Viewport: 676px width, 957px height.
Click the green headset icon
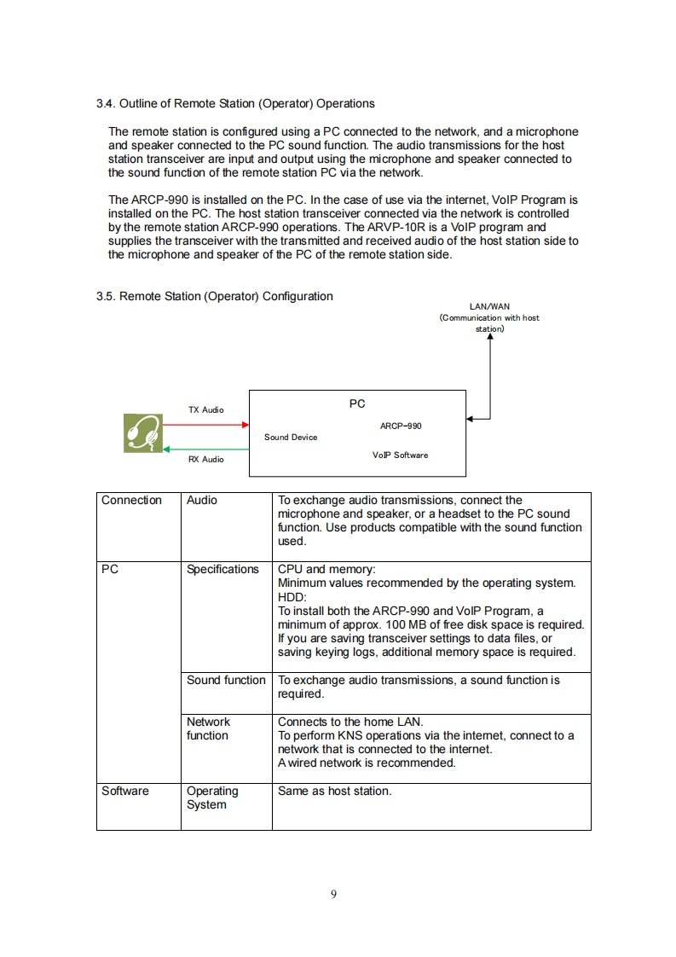click(x=142, y=433)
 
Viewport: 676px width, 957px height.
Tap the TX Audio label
click(x=206, y=410)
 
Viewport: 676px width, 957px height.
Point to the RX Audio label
click(x=206, y=460)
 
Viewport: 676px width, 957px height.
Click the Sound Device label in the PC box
click(x=291, y=438)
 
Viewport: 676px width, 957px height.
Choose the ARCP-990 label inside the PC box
click(x=401, y=426)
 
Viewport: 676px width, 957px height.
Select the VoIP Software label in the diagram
click(x=401, y=455)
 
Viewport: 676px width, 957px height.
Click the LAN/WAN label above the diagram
click(x=490, y=306)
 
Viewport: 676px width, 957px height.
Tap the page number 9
click(x=333, y=894)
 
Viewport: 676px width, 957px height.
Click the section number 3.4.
click(x=105, y=104)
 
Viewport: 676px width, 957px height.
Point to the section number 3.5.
click(x=105, y=297)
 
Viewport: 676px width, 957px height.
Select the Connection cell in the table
click(x=131, y=501)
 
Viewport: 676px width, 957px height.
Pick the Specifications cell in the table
click(x=222, y=570)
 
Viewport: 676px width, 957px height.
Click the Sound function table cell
click(x=226, y=681)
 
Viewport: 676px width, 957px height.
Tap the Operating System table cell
click(x=212, y=797)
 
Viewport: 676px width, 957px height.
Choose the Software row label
click(x=124, y=792)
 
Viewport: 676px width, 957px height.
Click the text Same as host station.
click(x=334, y=792)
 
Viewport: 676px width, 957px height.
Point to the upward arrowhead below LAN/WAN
click(x=490, y=336)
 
